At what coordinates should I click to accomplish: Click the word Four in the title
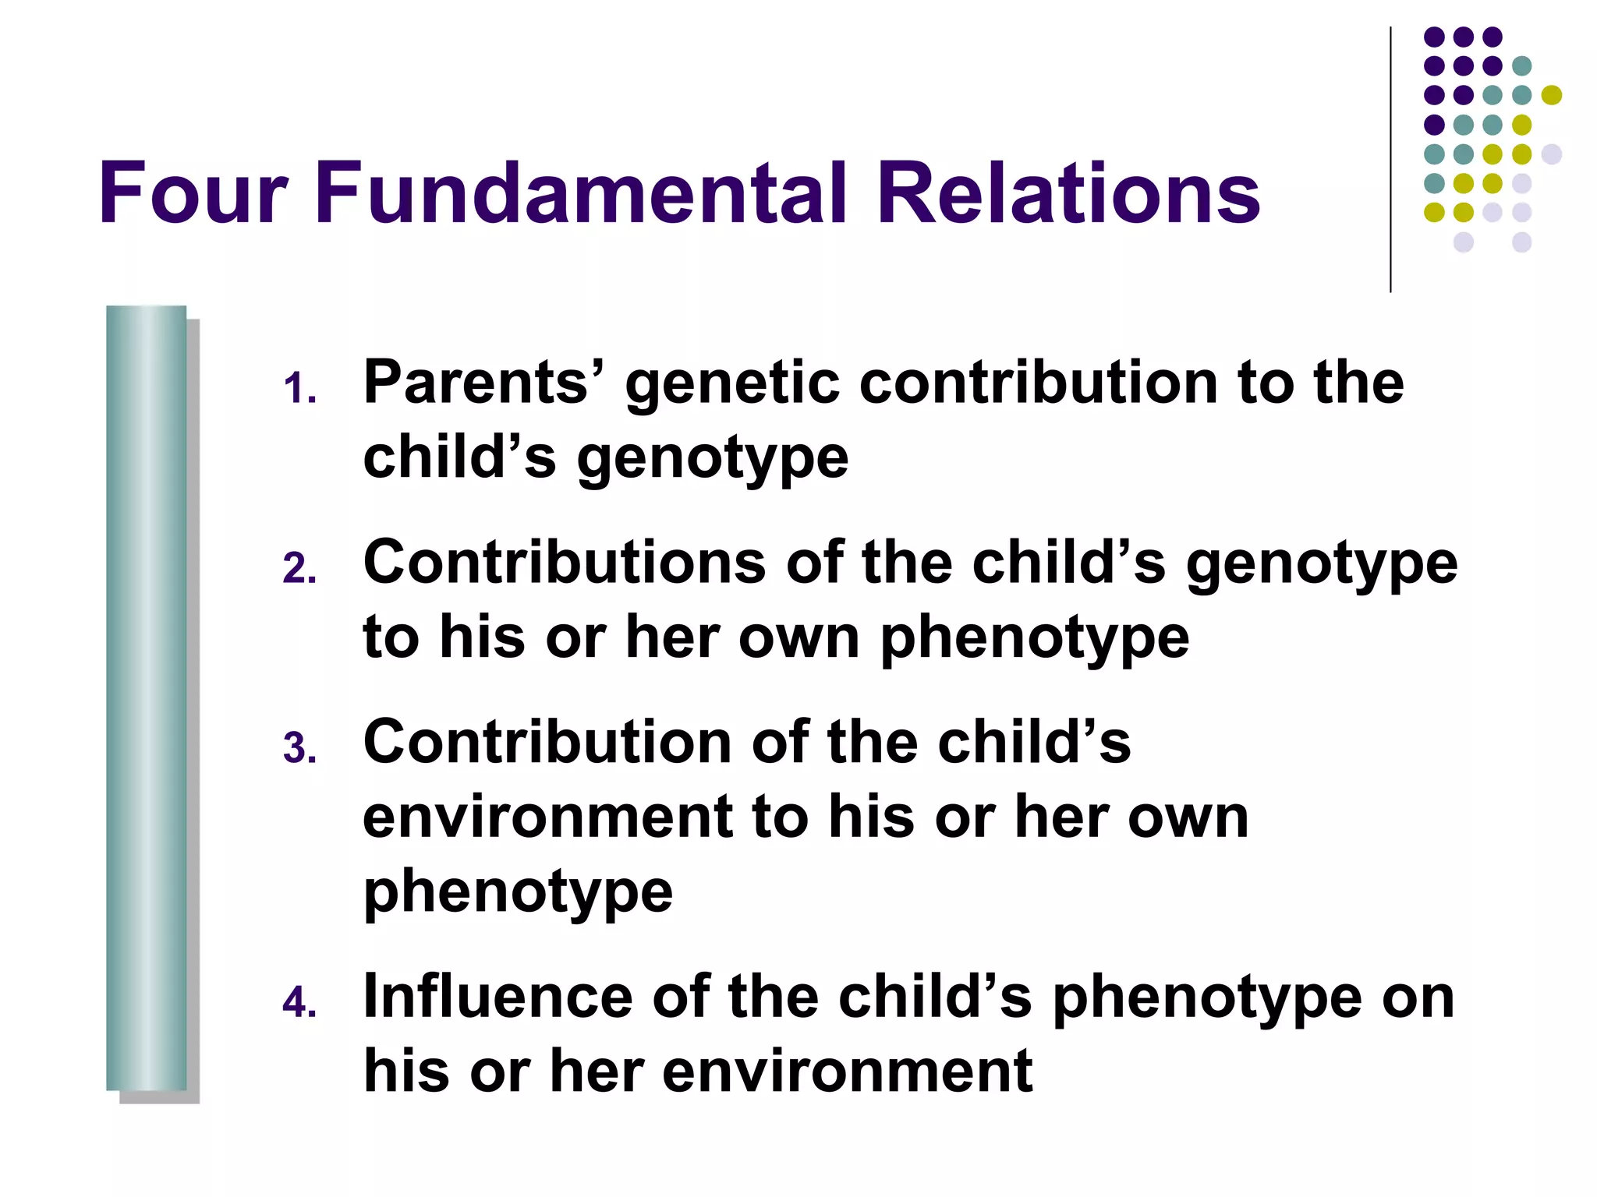click(193, 193)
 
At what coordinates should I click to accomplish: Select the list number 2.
click(299, 569)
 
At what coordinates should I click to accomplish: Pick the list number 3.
click(299, 748)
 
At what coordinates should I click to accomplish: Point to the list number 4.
click(299, 1003)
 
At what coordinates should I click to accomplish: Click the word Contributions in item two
click(565, 562)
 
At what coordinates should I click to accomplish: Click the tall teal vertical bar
click(146, 697)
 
